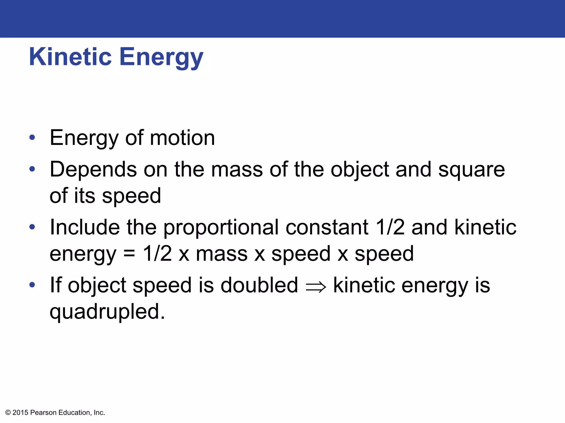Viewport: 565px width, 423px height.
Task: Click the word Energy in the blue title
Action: coord(161,58)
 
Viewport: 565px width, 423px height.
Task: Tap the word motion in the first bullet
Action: coord(182,138)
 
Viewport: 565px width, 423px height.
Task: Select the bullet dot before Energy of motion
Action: coord(32,137)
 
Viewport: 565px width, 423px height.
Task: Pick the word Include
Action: coord(85,227)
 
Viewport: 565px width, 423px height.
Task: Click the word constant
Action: coord(327,227)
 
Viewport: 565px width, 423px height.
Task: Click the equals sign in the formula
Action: coord(129,254)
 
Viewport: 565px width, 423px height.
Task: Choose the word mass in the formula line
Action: coord(222,254)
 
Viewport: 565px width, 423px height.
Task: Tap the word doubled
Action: coord(259,285)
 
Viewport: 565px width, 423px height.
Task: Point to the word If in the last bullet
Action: coord(55,285)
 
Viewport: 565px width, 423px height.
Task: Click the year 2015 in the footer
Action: coord(20,413)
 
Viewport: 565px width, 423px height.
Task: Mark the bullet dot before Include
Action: coord(32,227)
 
